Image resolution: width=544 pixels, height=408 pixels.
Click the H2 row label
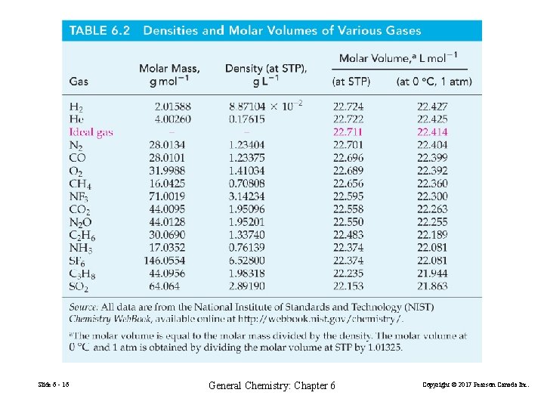click(76, 107)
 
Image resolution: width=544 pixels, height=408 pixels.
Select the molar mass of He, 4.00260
click(172, 119)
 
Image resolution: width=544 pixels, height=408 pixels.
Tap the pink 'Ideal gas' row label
click(91, 132)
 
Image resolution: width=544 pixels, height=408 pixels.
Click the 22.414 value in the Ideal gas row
click(431, 132)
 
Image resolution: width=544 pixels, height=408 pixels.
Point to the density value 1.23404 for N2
click(246, 145)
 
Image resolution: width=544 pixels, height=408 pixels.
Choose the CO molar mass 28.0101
click(172, 158)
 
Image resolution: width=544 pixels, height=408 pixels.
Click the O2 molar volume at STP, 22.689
click(348, 171)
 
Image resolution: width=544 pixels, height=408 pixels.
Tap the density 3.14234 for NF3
click(246, 196)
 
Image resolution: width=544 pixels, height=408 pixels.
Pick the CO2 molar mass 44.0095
click(172, 209)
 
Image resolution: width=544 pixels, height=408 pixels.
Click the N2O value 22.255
click(431, 222)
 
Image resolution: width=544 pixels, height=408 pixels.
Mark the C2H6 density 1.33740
click(246, 235)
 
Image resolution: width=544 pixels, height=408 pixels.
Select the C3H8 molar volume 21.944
click(431, 274)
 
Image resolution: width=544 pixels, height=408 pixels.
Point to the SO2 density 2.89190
click(246, 286)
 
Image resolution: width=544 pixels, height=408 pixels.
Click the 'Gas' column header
click(79, 82)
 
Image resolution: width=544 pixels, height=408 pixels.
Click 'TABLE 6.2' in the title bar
click(100, 31)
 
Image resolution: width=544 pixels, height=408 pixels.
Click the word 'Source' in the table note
click(84, 308)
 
